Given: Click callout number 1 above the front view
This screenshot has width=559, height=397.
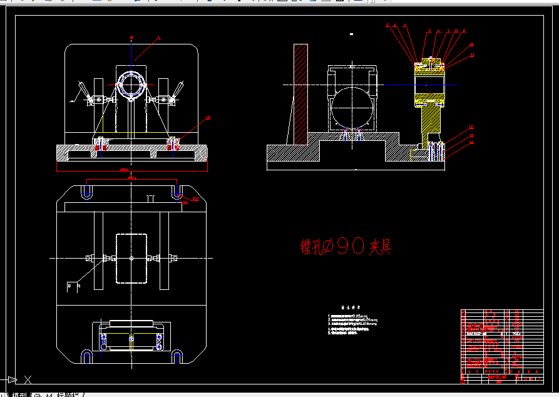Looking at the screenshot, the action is (159, 38).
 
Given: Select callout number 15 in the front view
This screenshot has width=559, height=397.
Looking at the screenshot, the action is (208, 118).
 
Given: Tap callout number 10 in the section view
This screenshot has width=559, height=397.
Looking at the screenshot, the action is (471, 45).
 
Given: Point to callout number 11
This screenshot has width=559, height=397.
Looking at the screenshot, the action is (472, 55).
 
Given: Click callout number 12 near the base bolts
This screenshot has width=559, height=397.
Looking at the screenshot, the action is (471, 128).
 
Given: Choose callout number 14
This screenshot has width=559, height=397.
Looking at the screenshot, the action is (471, 143).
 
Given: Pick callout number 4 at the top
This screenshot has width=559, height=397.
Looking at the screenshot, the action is (405, 26).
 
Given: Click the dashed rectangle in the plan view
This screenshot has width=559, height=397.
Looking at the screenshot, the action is (131, 258).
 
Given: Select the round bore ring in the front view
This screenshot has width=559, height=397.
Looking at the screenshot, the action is (131, 83).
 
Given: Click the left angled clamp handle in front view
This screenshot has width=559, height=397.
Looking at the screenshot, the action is (80, 90).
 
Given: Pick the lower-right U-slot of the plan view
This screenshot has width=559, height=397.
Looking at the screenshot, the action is (177, 356).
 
